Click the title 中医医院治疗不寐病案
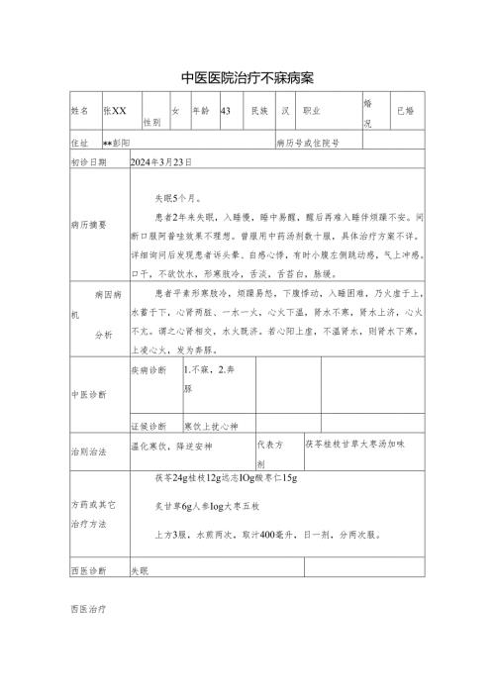(x=247, y=77)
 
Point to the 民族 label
(x=260, y=112)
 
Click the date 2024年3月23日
(x=161, y=161)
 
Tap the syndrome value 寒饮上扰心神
(x=211, y=426)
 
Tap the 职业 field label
(x=313, y=112)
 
